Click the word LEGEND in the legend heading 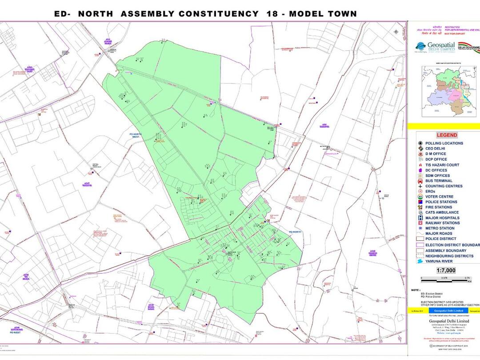coord(447,135)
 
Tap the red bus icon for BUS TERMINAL coord(420,181)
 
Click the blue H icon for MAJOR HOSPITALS coord(420,218)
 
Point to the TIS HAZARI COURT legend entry coord(442,165)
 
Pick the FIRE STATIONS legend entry coord(439,207)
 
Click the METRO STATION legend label coord(440,228)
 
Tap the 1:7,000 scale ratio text coord(446,270)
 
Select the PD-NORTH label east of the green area coord(295,232)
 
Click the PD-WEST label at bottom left coord(16,332)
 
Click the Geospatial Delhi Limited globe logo coord(420,46)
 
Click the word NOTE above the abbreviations coord(416,290)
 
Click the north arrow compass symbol coord(396,31)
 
